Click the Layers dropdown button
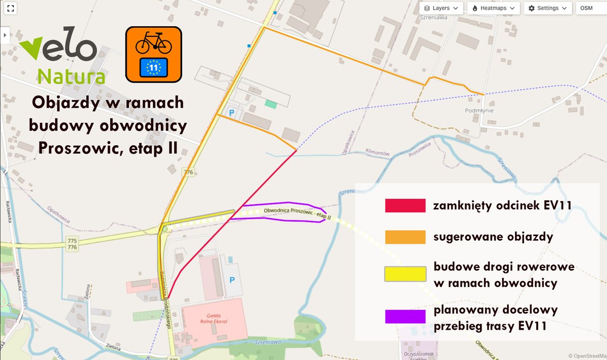point(442,8)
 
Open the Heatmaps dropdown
point(493,8)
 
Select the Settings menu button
point(548,8)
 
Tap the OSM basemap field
point(591,8)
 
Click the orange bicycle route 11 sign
point(154,55)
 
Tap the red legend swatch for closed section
point(405,205)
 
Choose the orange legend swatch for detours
point(405,237)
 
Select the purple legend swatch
point(405,317)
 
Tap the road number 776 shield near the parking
point(188,172)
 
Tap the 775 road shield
point(72,240)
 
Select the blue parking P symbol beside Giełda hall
point(232,280)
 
